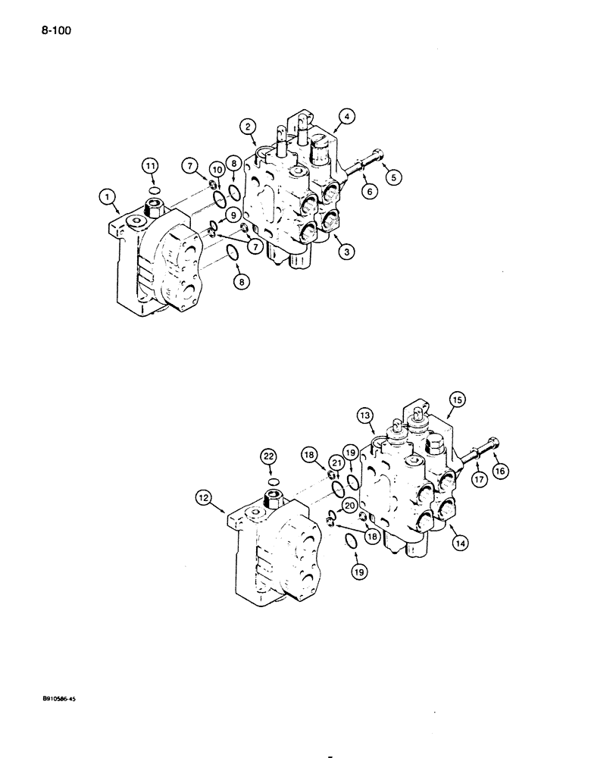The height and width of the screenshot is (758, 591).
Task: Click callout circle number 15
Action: click(x=457, y=399)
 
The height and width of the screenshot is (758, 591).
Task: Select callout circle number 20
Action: click(x=349, y=506)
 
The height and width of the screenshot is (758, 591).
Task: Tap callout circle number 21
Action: click(x=335, y=462)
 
